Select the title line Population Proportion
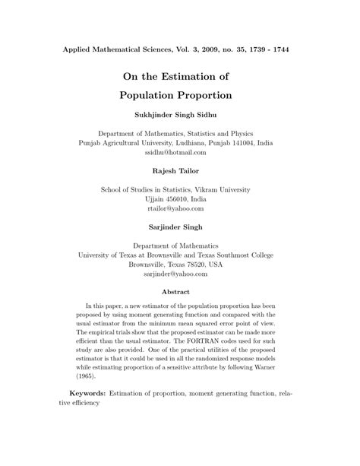coord(180,97)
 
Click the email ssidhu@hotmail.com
coord(180,152)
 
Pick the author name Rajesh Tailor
coord(180,171)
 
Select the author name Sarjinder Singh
coord(180,226)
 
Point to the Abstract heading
coord(180,291)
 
